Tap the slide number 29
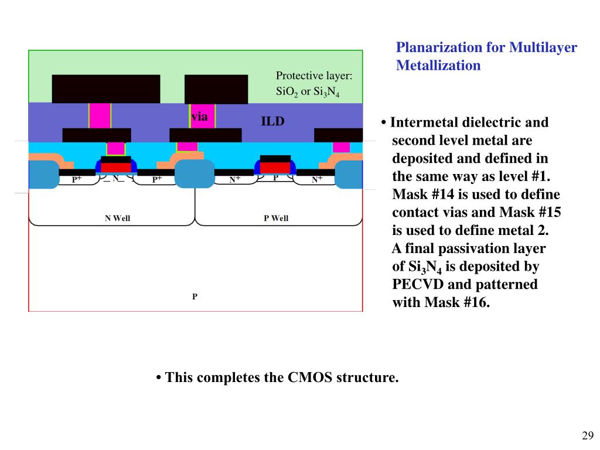click(588, 435)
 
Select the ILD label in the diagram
click(272, 122)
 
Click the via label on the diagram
click(199, 117)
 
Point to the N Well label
click(117, 219)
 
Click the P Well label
click(276, 219)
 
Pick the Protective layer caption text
click(313, 76)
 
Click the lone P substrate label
click(195, 297)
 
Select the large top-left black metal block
click(106, 88)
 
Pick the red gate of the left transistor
click(116, 167)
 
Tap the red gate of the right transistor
click(275, 167)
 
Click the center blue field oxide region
click(195, 173)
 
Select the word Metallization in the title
click(438, 65)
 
